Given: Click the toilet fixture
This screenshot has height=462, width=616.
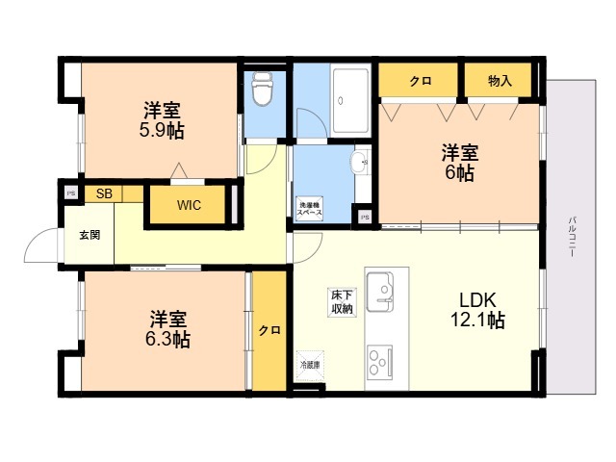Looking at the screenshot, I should [x=260, y=90].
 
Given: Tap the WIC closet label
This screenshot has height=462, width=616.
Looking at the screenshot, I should [x=189, y=205].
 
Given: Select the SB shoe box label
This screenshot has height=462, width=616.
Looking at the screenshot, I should [x=104, y=193].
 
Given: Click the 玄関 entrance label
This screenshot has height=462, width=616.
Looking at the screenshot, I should [x=89, y=234].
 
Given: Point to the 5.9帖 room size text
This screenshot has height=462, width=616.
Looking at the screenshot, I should [x=162, y=130].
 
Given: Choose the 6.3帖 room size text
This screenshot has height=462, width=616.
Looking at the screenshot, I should [x=167, y=340].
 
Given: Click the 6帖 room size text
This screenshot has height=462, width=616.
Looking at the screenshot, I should [x=459, y=173].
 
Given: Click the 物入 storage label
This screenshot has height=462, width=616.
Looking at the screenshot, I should [x=500, y=81].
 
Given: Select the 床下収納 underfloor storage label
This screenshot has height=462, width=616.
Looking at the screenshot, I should [x=342, y=301].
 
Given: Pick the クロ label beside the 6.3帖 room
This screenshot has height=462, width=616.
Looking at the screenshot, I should [x=269, y=330].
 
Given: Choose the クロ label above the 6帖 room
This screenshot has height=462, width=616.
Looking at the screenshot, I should [x=420, y=81].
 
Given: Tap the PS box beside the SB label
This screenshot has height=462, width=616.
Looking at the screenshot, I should [x=70, y=192].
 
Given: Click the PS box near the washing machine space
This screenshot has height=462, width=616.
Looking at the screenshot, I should [x=364, y=218].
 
